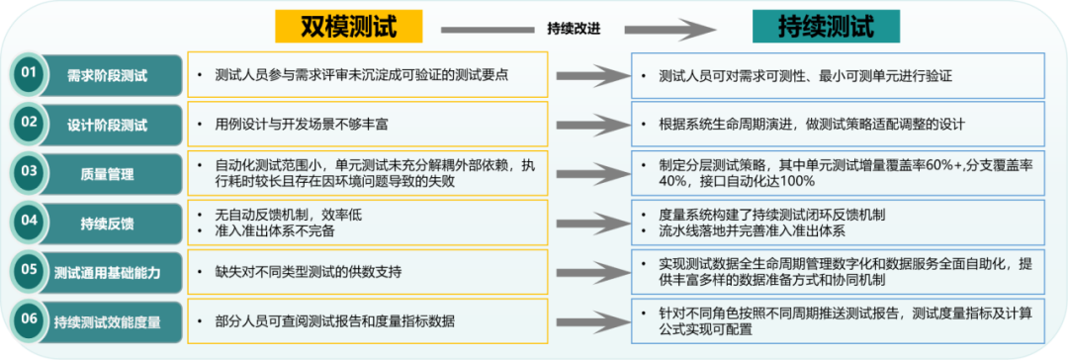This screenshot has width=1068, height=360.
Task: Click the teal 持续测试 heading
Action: pos(826,27)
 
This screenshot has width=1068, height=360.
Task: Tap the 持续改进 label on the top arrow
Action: pos(574,28)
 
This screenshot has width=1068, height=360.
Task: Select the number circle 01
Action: pos(30,73)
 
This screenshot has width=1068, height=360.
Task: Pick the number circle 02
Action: pos(30,124)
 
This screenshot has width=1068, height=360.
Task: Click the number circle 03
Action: pos(30,171)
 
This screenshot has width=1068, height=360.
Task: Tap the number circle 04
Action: pos(30,221)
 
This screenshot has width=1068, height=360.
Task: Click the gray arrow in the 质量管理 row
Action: pos(587,173)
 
